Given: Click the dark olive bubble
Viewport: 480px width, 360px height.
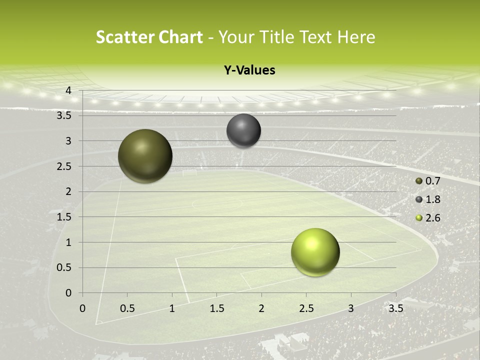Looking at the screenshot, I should pyautogui.click(x=145, y=156).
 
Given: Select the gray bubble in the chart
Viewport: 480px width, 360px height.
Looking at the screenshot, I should pyautogui.click(x=244, y=130).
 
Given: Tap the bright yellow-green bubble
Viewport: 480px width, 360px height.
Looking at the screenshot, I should pyautogui.click(x=315, y=252).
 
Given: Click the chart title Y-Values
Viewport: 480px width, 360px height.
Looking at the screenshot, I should pyautogui.click(x=249, y=70).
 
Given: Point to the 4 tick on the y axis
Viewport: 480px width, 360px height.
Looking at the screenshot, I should pyautogui.click(x=68, y=90).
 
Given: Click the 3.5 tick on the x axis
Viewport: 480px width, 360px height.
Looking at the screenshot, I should pyautogui.click(x=395, y=308).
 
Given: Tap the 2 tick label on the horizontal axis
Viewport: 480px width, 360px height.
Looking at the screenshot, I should pyautogui.click(x=261, y=308).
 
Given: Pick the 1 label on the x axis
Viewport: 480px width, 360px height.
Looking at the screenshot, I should pyautogui.click(x=172, y=308).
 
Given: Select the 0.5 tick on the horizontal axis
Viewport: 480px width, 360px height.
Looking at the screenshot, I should pyautogui.click(x=127, y=308).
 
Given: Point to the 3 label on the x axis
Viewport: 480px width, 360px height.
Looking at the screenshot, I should pyautogui.click(x=351, y=308).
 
